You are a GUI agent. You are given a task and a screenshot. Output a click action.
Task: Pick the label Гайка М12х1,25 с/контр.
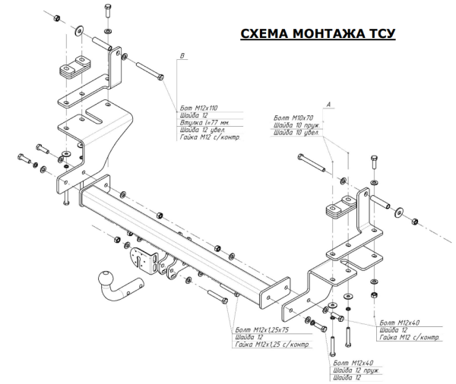273,346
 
